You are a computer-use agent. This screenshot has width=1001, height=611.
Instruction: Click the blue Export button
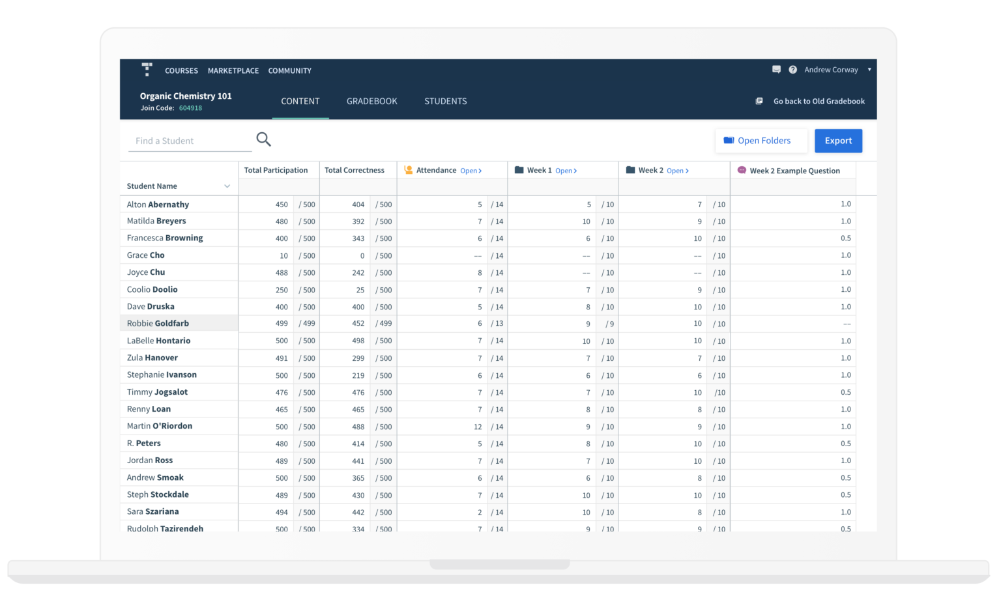click(838, 141)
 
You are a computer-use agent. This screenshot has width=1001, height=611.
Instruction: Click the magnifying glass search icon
click(263, 139)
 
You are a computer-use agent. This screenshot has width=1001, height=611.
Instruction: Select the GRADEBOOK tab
click(371, 101)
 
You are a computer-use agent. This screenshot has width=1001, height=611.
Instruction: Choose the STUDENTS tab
click(446, 101)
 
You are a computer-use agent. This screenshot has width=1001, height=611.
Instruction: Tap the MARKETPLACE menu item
click(233, 70)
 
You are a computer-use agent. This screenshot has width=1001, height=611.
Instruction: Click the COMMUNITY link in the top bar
click(290, 70)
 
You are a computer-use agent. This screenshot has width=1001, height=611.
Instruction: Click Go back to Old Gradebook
click(819, 101)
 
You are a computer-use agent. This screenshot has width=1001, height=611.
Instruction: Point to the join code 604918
click(190, 108)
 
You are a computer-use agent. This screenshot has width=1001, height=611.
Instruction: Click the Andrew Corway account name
click(831, 70)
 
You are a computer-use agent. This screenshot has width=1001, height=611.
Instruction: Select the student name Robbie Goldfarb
click(158, 323)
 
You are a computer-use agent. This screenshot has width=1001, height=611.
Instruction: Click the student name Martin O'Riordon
click(160, 426)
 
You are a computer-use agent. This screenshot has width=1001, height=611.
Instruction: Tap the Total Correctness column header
click(355, 170)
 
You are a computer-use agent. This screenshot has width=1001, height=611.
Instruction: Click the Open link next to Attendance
click(471, 171)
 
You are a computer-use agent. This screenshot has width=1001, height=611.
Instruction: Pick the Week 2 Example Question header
click(794, 171)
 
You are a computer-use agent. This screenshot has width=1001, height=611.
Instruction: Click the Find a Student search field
click(189, 141)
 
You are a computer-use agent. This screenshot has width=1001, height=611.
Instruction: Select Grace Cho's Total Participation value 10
click(283, 256)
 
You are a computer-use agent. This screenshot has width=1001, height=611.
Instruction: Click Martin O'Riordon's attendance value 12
click(478, 427)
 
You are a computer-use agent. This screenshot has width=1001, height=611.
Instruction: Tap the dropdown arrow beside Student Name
click(227, 186)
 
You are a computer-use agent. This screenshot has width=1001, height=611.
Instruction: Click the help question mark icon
click(792, 70)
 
